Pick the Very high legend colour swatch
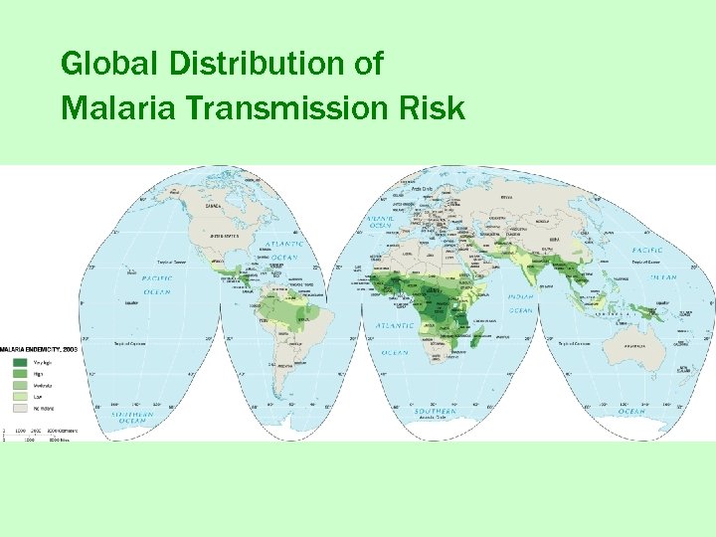click(19, 362)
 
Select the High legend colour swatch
click(19, 373)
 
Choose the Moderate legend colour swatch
click(19, 384)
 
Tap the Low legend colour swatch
click(19, 395)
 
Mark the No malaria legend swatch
click(19, 406)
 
